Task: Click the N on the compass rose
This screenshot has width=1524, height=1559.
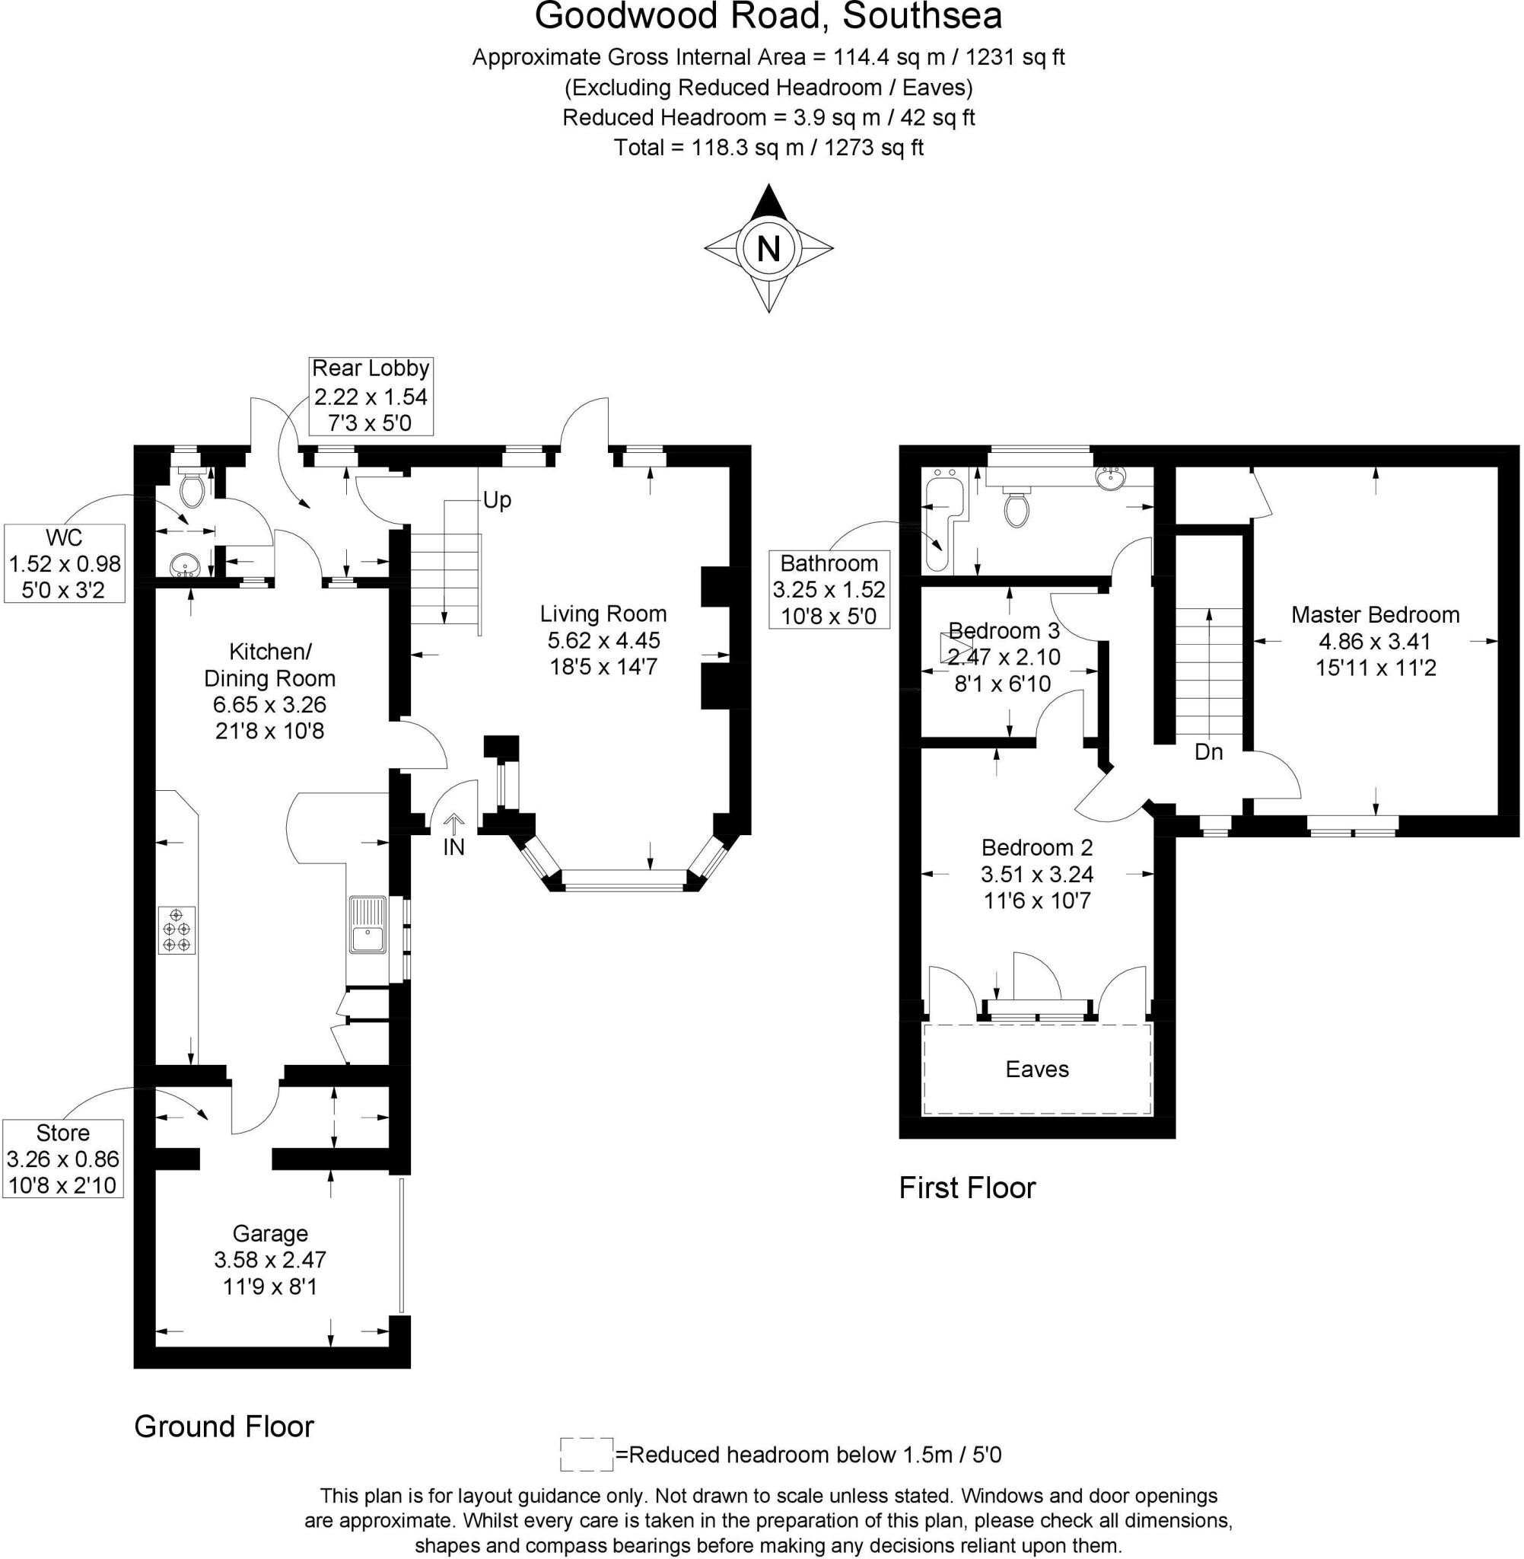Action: tap(768, 248)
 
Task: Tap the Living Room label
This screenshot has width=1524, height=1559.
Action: tap(603, 614)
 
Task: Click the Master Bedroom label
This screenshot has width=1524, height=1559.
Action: tap(1375, 615)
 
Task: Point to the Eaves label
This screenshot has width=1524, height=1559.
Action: tap(1037, 1069)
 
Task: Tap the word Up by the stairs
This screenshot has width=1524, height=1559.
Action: tap(497, 500)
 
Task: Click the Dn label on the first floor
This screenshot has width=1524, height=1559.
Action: tap(1209, 752)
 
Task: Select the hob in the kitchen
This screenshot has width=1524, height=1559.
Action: tap(177, 929)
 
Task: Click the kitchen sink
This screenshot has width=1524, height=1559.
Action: tap(367, 926)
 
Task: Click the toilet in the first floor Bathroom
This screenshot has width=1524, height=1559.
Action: tap(1017, 506)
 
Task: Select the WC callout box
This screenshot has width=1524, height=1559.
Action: tap(65, 564)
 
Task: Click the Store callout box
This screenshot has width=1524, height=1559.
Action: tap(63, 1159)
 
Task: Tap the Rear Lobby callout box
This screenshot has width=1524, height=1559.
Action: tap(371, 396)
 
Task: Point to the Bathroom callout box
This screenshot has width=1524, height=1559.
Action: tap(829, 588)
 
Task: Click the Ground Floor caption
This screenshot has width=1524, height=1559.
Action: tap(224, 1426)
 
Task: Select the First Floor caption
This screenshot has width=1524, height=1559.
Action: tap(967, 1188)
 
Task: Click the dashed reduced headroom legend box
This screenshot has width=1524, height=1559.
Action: tap(586, 1455)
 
